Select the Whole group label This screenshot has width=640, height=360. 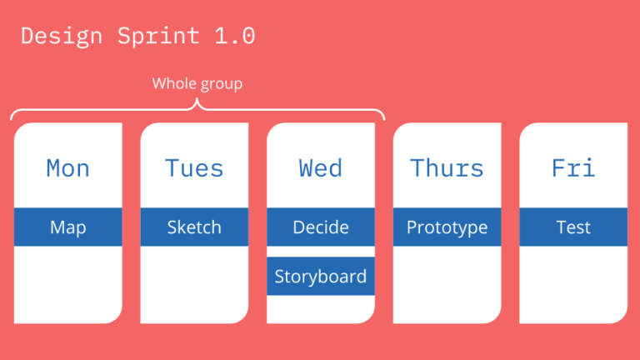click(x=197, y=84)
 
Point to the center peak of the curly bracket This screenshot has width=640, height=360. click(x=197, y=103)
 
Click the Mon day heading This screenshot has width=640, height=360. click(x=67, y=168)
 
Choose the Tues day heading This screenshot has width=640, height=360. click(x=194, y=168)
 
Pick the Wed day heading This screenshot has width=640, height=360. click(x=320, y=168)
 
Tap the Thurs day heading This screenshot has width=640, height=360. click(x=447, y=168)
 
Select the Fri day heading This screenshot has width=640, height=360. click(x=573, y=168)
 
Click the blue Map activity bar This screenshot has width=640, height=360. click(x=67, y=227)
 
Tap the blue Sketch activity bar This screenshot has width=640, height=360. click(x=194, y=227)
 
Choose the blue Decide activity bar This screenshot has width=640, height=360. click(x=320, y=227)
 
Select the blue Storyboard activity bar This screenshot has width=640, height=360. click(x=320, y=277)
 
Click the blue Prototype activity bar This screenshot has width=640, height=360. click(x=447, y=227)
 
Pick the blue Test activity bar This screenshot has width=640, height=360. click(x=573, y=227)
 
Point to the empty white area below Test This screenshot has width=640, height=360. click(x=573, y=283)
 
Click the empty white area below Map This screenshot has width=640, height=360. click(x=67, y=283)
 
